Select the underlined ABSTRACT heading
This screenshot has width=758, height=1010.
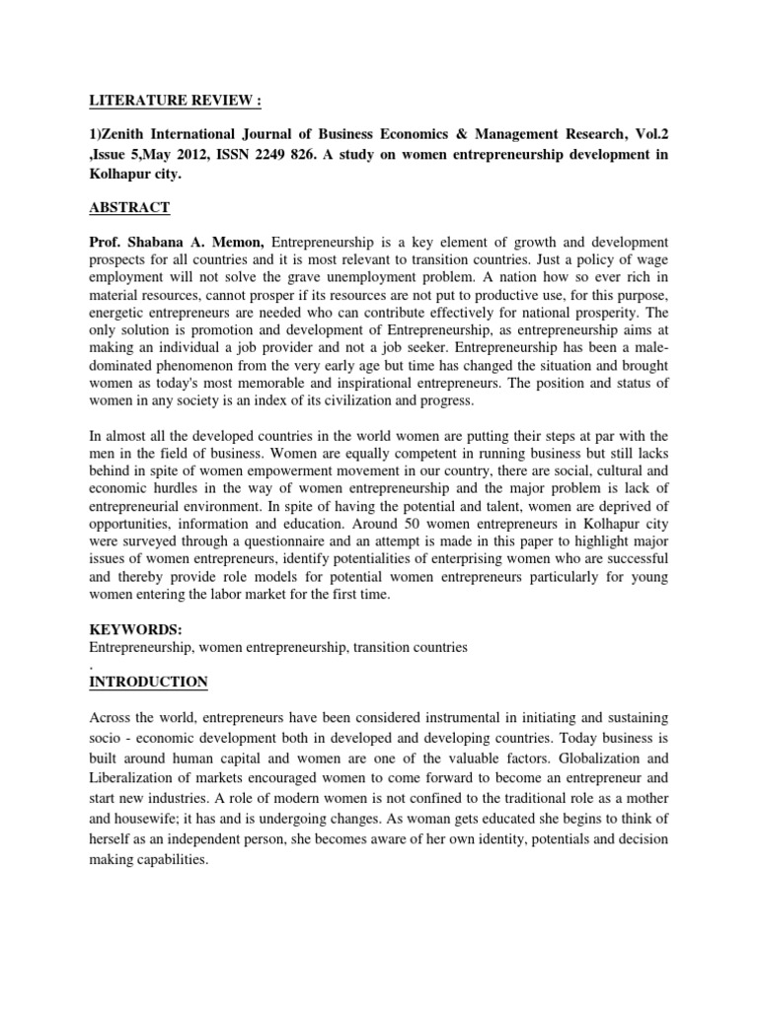click(130, 207)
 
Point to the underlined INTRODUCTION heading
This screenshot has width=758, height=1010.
click(149, 682)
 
